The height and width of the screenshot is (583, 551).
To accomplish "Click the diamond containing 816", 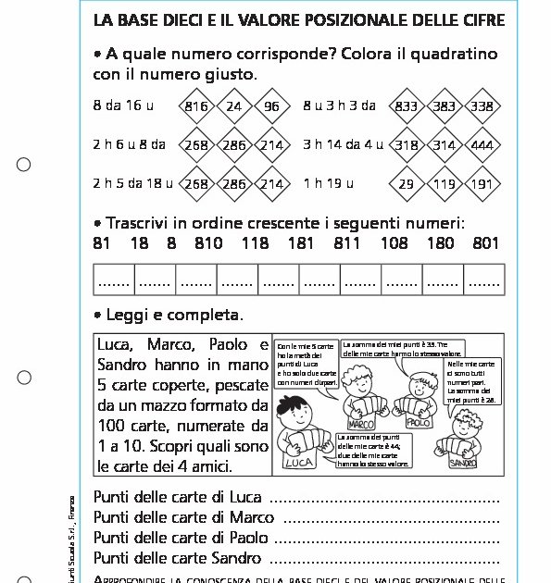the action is (x=196, y=106).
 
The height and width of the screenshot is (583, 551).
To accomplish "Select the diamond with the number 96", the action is (x=271, y=106).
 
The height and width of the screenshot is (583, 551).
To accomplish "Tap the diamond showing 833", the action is (x=406, y=106).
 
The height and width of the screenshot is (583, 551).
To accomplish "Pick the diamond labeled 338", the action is (x=482, y=106).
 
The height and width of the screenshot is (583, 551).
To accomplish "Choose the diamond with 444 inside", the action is (x=482, y=145).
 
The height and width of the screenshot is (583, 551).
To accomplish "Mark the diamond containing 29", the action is (x=406, y=184).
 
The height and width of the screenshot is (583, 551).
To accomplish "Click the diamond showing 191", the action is (x=482, y=184).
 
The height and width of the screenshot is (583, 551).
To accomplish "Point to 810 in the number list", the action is (x=208, y=243).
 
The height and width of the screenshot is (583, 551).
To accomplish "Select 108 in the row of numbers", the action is (x=394, y=243).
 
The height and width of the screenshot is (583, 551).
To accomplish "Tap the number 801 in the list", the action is (x=485, y=243).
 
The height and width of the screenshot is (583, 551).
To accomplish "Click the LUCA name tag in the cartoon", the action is (x=298, y=462).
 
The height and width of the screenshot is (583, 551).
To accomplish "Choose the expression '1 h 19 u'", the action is (x=329, y=183).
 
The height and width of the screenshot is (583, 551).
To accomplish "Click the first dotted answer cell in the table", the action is (x=114, y=279).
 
